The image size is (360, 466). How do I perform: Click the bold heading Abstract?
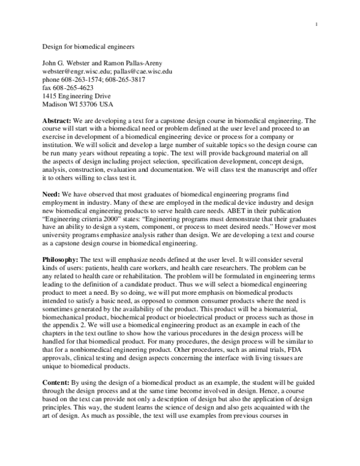(x=59, y=120)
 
